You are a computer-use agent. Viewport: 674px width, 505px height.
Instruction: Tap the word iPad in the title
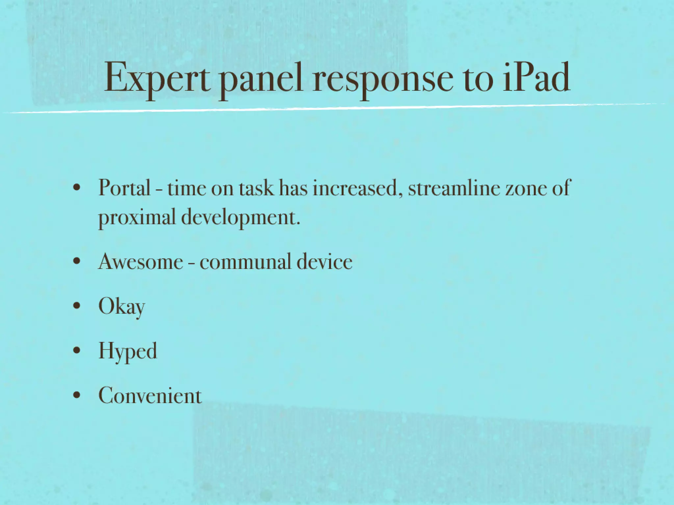[x=536, y=78]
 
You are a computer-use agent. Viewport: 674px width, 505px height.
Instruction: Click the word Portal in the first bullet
[x=124, y=188]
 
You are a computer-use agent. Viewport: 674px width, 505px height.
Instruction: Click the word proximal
[x=137, y=218]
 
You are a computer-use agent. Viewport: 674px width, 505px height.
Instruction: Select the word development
[x=241, y=218]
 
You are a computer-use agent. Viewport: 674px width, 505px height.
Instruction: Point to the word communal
[x=246, y=262]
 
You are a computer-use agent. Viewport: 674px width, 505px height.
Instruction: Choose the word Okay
[x=121, y=306]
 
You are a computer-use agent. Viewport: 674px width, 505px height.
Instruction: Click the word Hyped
[x=128, y=351]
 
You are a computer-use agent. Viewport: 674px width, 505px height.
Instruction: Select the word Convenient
[x=150, y=396]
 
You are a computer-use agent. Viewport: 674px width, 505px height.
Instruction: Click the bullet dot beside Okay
[x=77, y=306]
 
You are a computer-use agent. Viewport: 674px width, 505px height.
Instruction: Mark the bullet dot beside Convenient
[x=77, y=396]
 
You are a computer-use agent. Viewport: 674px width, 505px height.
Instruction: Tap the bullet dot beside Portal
[x=77, y=188]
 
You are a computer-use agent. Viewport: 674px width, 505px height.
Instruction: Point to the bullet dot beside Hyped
[x=77, y=351]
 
